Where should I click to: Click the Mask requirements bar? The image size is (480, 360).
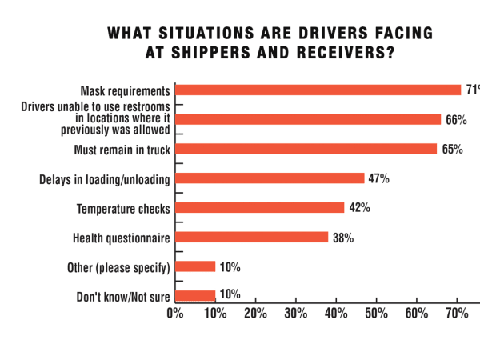[x=318, y=90]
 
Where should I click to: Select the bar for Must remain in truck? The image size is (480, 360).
[x=306, y=149]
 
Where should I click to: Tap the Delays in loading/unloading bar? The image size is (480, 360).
[x=270, y=178]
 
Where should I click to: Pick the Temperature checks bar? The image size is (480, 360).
[x=259, y=208]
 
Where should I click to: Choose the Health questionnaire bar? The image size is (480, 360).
[x=251, y=237]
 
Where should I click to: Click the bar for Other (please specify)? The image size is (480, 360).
[x=195, y=266]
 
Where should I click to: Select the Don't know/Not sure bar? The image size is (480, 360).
[x=195, y=296]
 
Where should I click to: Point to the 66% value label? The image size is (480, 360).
[x=456, y=120]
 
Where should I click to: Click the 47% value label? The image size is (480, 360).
[x=379, y=179]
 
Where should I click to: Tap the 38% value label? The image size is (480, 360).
[x=343, y=238]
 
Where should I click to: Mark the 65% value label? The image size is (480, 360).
[x=452, y=150]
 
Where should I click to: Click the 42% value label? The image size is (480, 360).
[x=359, y=208]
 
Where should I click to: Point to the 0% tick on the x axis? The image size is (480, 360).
[x=175, y=312]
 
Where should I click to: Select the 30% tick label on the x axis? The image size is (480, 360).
[x=296, y=312]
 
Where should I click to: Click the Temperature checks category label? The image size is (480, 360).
[x=123, y=209]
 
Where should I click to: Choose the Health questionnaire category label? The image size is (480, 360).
[x=121, y=238]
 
